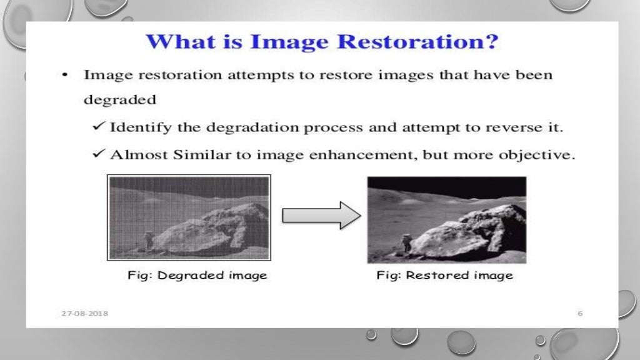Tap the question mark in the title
pos(492,43)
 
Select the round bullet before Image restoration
pos(64,75)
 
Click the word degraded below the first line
pos(111,99)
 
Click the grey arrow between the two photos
pos(321,215)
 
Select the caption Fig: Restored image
pos(444,275)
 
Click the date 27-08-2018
pos(84,312)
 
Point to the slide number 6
pos(580,312)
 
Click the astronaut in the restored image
pos(407,242)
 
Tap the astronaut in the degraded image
pos(149,239)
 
